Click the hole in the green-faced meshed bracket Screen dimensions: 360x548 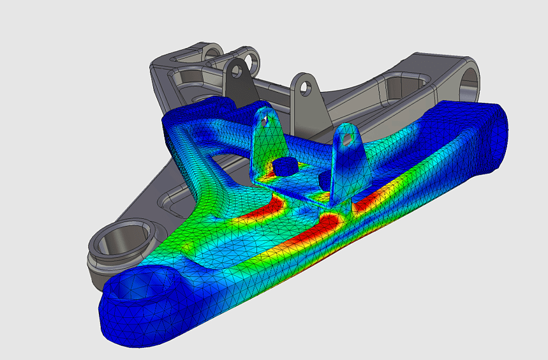click(267, 118)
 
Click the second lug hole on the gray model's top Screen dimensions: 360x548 click(255, 63)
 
